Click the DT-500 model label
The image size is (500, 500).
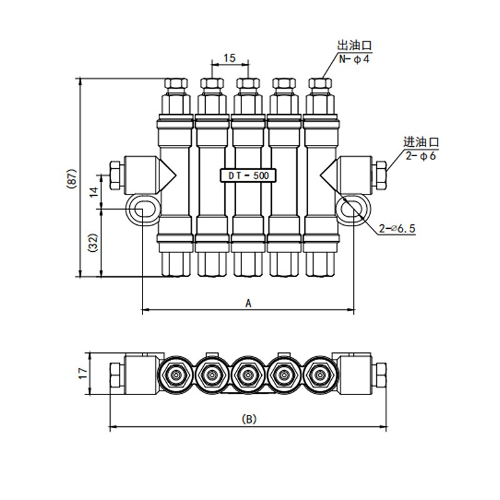[248, 176]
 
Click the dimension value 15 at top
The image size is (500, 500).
[229, 58]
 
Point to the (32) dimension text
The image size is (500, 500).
[93, 243]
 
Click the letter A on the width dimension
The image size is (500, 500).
[248, 303]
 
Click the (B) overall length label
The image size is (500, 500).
[249, 419]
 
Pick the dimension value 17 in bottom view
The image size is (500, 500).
[81, 374]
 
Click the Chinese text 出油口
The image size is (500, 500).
[354, 46]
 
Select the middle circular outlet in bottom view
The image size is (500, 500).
[248, 375]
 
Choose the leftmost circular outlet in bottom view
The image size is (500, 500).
[176, 375]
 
